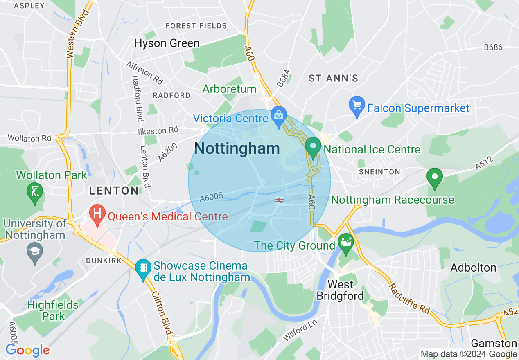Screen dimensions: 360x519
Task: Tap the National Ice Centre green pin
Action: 313,148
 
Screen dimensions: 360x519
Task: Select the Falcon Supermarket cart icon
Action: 357,107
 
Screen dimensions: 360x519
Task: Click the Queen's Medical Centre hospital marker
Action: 98,214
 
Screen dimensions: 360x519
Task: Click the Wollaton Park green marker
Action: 35,193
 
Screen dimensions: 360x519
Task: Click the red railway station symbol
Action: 280,200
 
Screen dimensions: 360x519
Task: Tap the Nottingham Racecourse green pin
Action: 434,179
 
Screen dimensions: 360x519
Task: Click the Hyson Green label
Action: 167,43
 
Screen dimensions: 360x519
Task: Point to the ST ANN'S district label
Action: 333,78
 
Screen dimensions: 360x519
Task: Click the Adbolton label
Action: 473,268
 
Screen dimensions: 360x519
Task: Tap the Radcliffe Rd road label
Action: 409,299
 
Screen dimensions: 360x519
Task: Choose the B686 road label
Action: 493,47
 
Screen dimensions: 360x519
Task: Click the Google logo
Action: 27,350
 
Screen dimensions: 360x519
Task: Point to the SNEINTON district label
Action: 379,172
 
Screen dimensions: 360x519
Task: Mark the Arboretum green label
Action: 229,89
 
